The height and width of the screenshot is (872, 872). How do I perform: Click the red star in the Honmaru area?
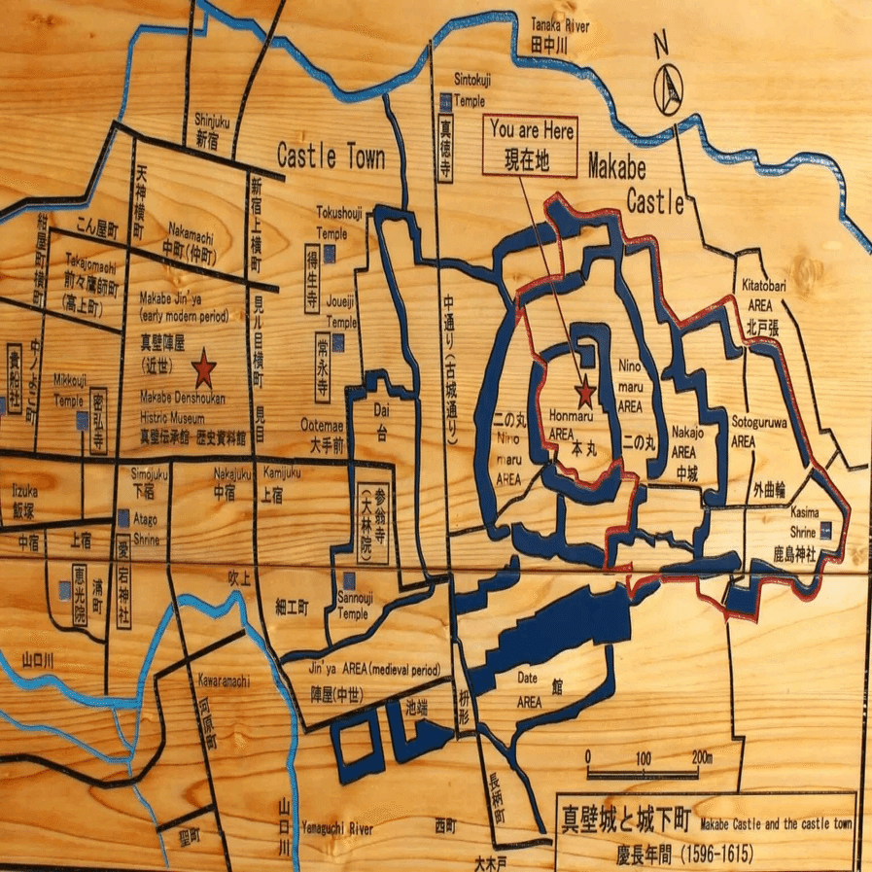click(585, 395)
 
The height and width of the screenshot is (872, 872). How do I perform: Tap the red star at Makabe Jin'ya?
click(203, 368)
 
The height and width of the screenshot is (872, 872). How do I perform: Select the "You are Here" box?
click(532, 146)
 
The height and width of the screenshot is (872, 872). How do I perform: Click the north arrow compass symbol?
click(669, 87)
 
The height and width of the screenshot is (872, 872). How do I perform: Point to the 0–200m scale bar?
click(643, 775)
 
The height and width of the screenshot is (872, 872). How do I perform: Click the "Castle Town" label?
click(331, 157)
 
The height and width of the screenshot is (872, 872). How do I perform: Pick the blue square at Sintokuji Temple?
click(446, 99)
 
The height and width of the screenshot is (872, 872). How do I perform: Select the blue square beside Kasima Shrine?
click(825, 530)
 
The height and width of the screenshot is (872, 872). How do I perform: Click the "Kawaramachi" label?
click(225, 680)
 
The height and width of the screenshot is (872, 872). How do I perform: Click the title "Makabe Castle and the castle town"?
click(775, 823)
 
